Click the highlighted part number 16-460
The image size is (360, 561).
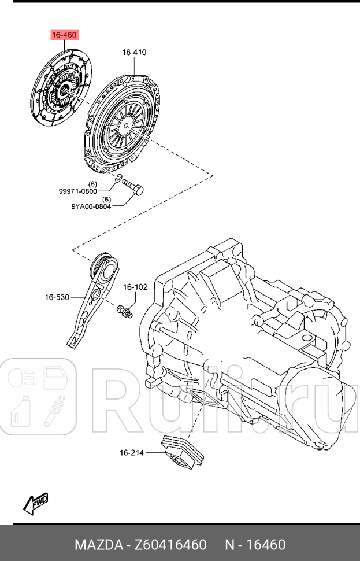pos(64,36)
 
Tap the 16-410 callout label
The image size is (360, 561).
pos(134,53)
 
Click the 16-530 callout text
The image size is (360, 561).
pos(57,297)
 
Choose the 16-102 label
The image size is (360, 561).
pos(135,287)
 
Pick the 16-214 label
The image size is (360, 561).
pos(132,453)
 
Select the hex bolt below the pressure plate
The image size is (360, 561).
pos(134,188)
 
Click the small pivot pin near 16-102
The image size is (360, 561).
pos(125,311)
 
